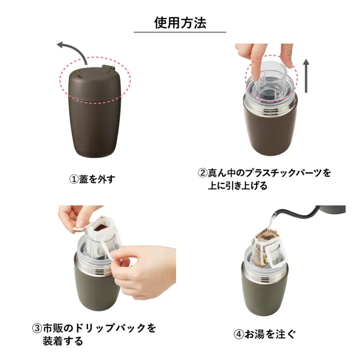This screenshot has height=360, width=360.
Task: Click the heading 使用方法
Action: [x=180, y=23]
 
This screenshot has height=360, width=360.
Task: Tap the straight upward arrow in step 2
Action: [x=306, y=76]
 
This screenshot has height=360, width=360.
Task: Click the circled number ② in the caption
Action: [x=203, y=173]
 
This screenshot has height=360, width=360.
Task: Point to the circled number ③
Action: [x=37, y=329]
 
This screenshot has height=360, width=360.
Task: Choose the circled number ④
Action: [x=239, y=334]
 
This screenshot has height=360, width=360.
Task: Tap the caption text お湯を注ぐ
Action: [x=270, y=334]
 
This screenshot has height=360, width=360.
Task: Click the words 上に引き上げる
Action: [x=238, y=186]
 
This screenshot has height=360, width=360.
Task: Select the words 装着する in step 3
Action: [x=63, y=341]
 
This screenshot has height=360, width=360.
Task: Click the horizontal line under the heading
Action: [x=180, y=32]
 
